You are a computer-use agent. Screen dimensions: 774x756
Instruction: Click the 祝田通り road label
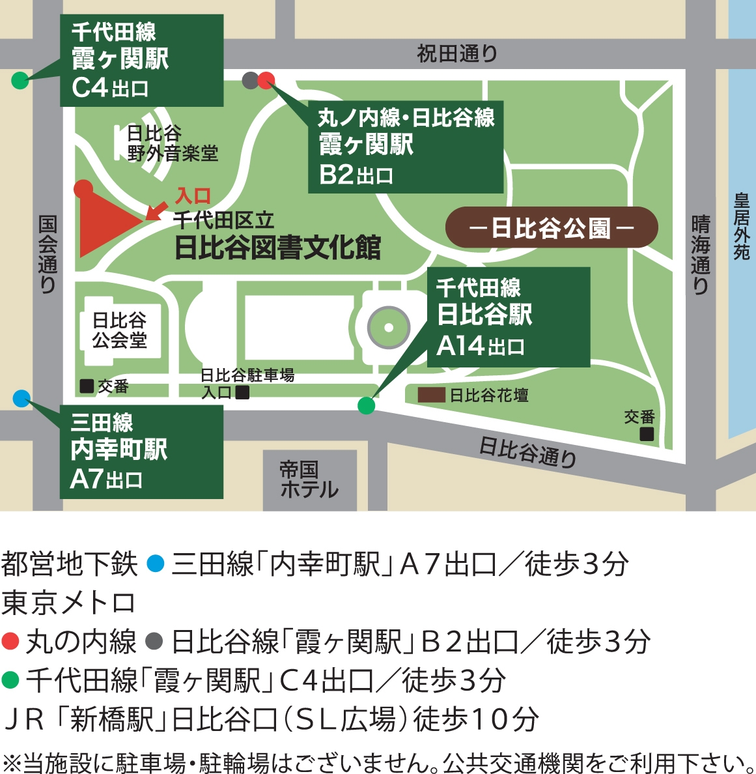(x=457, y=53)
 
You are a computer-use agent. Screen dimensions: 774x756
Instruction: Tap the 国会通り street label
(x=48, y=254)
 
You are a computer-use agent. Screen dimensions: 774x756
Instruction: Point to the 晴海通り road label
(x=700, y=254)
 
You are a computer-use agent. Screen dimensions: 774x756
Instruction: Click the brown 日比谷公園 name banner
(x=551, y=228)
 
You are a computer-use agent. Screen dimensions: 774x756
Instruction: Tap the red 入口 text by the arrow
(x=193, y=195)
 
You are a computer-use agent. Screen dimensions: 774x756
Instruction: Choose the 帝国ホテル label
(x=309, y=480)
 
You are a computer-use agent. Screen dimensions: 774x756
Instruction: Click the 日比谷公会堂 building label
(x=120, y=330)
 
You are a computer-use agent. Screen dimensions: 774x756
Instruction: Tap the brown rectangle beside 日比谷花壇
(x=431, y=395)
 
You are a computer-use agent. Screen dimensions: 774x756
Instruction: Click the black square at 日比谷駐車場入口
(x=242, y=393)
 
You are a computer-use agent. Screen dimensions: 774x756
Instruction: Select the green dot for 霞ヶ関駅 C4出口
(x=20, y=81)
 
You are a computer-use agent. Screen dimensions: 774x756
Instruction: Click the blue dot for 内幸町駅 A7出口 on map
(x=21, y=398)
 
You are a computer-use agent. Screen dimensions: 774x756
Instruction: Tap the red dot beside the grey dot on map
(x=266, y=80)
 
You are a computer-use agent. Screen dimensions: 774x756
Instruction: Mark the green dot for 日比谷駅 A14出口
(x=367, y=405)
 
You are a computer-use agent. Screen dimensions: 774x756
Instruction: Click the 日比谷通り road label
(x=528, y=451)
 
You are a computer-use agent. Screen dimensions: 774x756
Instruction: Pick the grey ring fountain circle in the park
(x=389, y=328)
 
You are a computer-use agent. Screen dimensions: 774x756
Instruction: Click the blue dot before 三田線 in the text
(x=155, y=563)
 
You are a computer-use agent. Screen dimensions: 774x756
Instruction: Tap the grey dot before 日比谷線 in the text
(x=154, y=641)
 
